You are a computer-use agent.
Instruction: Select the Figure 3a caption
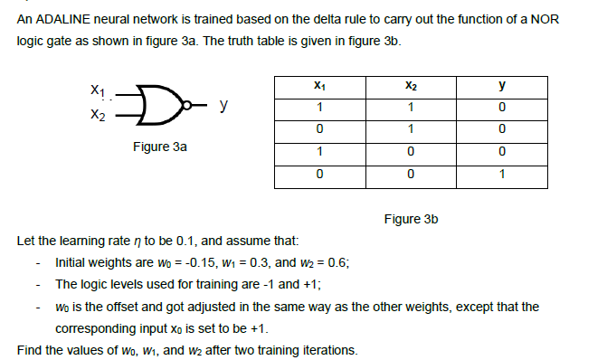tap(160, 146)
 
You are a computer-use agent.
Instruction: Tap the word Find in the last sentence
tap(30, 350)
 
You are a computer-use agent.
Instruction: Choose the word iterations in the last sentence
tap(330, 350)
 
